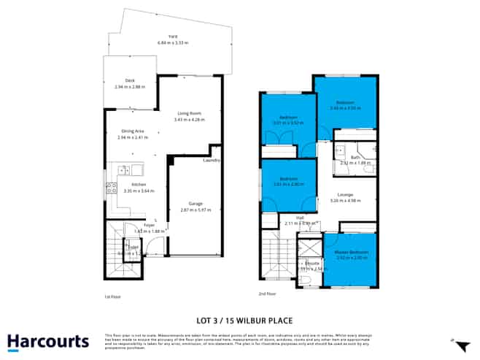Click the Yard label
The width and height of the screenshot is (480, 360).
coord(173,36)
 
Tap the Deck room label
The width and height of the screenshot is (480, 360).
coord(130,80)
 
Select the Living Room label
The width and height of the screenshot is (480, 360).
coord(189,112)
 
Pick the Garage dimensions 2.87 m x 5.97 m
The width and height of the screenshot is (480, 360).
coord(195,210)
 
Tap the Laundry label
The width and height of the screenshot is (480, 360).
coord(212,160)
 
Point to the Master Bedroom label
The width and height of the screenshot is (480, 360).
coord(353,252)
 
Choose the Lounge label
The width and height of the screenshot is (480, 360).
coord(346,194)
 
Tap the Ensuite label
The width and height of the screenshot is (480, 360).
coord(311,263)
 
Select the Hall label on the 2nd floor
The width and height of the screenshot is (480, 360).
coord(300,217)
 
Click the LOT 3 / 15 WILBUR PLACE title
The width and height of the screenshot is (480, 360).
coord(240,318)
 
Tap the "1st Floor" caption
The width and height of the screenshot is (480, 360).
coord(112,296)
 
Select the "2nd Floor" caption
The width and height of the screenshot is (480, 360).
coord(267,294)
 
